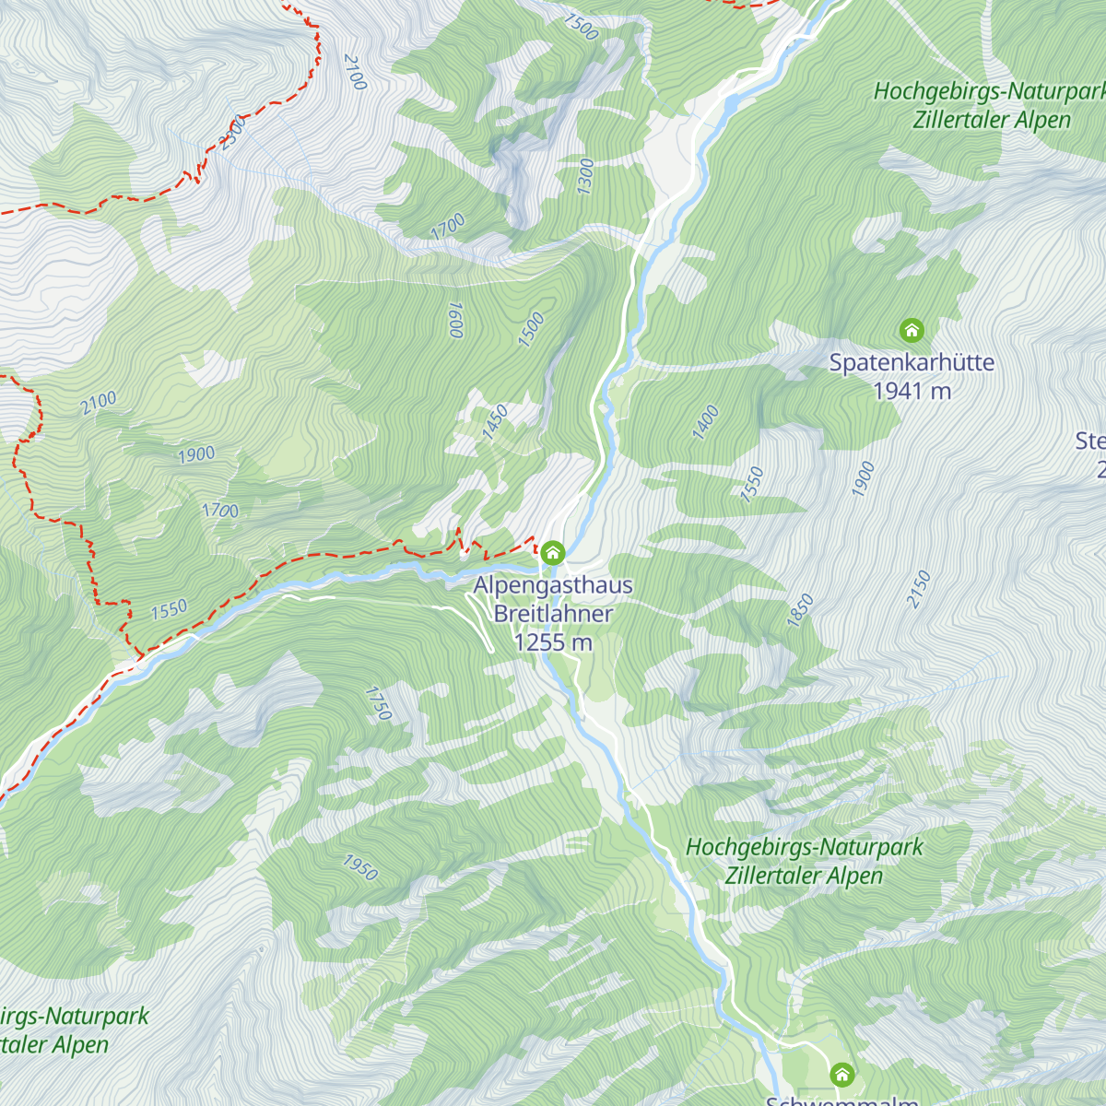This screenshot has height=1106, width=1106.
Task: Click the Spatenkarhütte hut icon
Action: pos(912,330)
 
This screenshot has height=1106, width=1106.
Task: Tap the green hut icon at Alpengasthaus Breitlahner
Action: pos(553,553)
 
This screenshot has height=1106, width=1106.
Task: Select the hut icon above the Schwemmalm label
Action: pos(841,1075)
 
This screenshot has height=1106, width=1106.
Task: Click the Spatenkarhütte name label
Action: pos(912,362)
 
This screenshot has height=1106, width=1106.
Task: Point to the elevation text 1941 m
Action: pos(912,391)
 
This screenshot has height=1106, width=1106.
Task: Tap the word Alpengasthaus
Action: pos(553,585)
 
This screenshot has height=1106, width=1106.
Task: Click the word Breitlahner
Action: pos(553,614)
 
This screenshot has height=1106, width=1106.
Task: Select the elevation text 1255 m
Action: pos(553,642)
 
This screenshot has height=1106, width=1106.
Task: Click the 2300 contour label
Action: pos(233,132)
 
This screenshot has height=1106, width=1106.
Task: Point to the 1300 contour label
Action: pos(585,176)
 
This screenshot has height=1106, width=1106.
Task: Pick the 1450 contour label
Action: pos(495,422)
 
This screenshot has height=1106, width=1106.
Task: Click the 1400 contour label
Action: pos(705,422)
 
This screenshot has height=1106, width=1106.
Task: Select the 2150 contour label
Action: pos(919,589)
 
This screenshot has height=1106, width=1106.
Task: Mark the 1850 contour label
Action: pos(800,611)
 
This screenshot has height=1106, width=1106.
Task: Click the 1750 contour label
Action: pos(379,703)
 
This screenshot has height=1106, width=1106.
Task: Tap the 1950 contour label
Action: pos(360,867)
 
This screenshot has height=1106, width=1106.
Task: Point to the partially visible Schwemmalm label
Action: pos(841,1100)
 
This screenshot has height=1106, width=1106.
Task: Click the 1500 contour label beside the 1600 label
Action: pos(531,330)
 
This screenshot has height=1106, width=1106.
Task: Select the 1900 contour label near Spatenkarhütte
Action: pos(863,479)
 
